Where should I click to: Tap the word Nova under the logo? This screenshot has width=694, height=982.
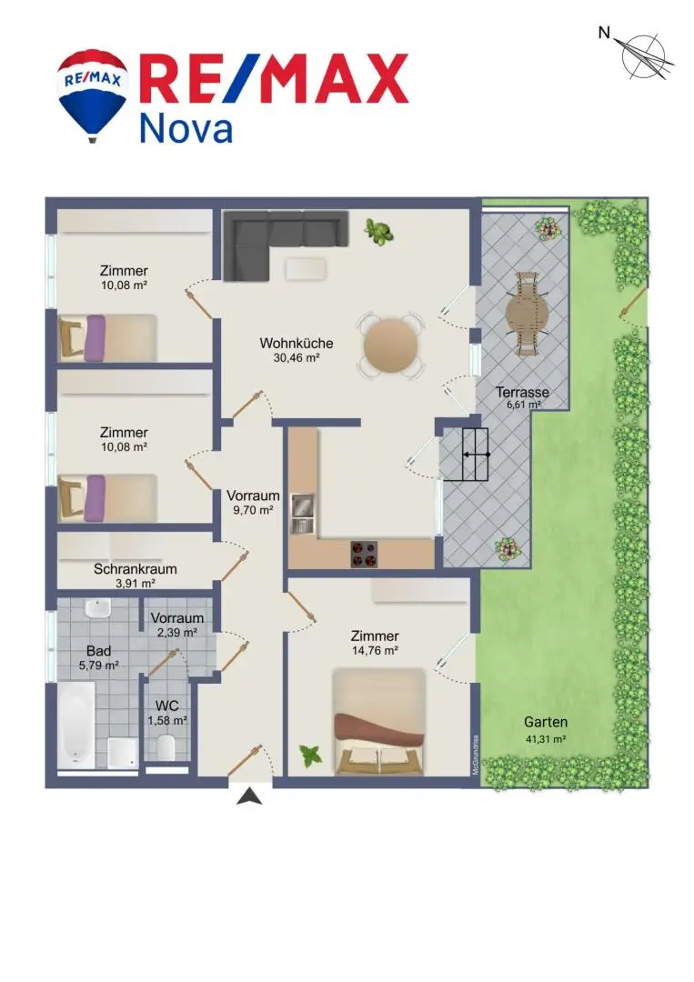[x=186, y=128]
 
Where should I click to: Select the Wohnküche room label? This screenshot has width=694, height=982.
[x=297, y=343]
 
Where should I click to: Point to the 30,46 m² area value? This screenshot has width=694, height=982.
[x=297, y=358]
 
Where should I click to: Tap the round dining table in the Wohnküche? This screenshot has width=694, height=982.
[x=391, y=346]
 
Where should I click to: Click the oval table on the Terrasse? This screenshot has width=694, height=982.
[x=526, y=314]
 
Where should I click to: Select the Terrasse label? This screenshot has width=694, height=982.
[x=522, y=392]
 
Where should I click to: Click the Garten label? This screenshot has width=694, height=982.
[x=546, y=722]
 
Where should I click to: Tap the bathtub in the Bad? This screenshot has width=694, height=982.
[x=76, y=726]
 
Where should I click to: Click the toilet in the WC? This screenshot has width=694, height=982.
[x=166, y=747]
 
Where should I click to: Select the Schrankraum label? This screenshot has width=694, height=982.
[x=136, y=569]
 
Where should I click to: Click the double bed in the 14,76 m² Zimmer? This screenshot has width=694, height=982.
[x=379, y=721]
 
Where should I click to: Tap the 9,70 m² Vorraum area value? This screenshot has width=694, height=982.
[x=253, y=510]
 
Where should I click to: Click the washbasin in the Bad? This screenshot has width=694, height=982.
[x=97, y=607]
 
